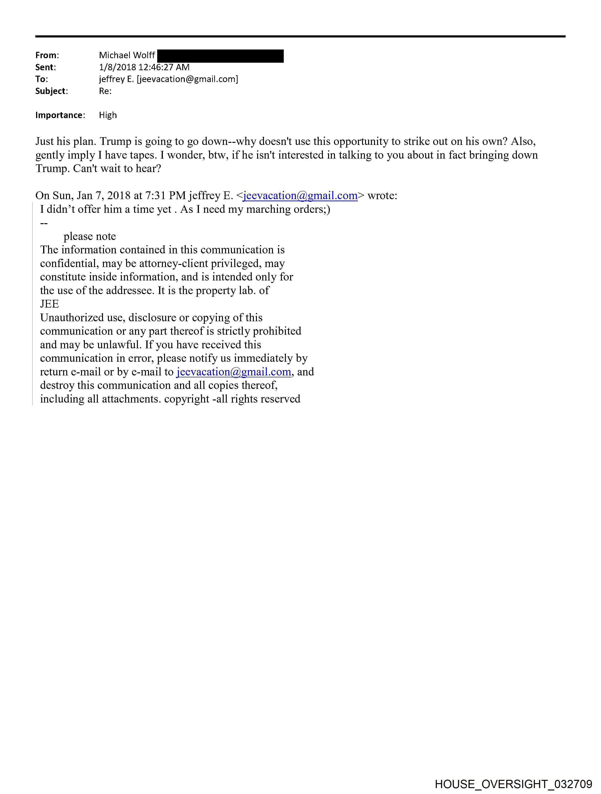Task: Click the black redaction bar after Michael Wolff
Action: tap(220, 56)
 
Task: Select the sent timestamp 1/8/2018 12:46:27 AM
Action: tap(144, 67)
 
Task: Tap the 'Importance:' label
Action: tap(60, 115)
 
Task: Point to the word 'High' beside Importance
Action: tap(108, 115)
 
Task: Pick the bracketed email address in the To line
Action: tap(187, 79)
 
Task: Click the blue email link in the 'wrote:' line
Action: tap(300, 196)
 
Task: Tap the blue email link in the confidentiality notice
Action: tap(233, 372)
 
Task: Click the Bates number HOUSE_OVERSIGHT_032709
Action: tap(513, 784)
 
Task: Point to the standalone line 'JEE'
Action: tap(49, 304)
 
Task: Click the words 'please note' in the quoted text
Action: tap(90, 236)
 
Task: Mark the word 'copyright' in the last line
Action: tap(187, 399)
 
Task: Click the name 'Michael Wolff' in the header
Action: tap(127, 55)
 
